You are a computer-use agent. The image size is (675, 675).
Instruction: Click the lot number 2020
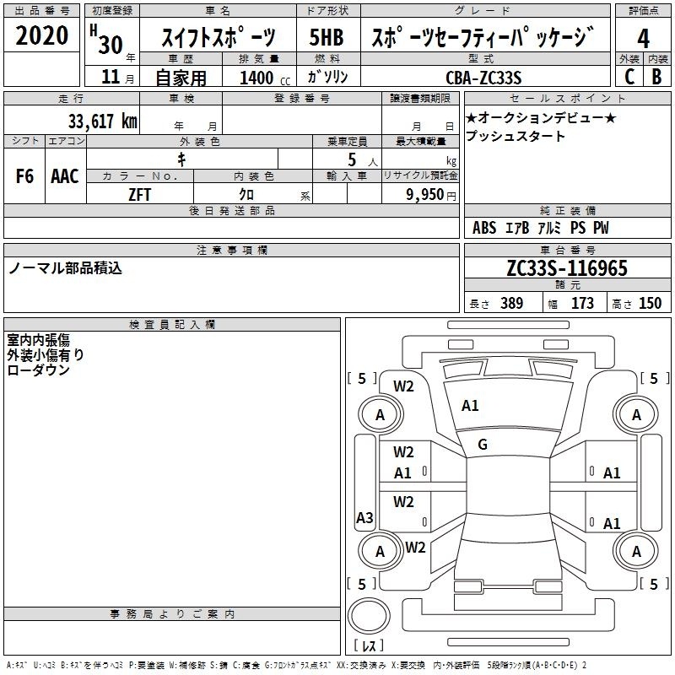click(x=41, y=35)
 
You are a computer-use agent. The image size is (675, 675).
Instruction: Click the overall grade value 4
click(x=643, y=39)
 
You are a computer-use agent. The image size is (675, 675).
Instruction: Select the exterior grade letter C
click(x=629, y=77)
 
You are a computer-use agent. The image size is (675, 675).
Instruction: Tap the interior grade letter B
click(x=656, y=77)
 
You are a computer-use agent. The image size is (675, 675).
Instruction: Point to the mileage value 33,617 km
click(x=102, y=121)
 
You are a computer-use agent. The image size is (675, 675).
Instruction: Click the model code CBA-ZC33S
click(x=483, y=78)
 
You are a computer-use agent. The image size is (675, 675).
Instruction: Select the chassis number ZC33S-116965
click(x=567, y=268)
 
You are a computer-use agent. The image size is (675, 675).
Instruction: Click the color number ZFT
click(x=139, y=195)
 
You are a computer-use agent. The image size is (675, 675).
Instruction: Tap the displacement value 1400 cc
click(x=265, y=78)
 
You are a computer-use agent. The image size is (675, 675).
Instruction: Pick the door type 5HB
click(x=327, y=37)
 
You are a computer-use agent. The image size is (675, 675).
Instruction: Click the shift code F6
click(x=24, y=176)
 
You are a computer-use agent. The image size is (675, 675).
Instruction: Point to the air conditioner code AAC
click(x=65, y=176)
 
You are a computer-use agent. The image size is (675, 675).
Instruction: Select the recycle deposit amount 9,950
click(x=424, y=195)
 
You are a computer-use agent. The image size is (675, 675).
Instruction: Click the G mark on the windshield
click(x=483, y=445)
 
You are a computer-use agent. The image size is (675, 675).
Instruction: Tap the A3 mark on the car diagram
click(x=364, y=517)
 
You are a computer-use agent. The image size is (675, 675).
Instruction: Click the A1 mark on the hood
click(x=470, y=406)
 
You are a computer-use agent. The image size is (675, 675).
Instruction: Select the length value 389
click(x=511, y=303)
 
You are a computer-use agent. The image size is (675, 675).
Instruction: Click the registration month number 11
click(x=111, y=77)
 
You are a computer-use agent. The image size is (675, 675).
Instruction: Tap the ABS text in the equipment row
click(x=484, y=228)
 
